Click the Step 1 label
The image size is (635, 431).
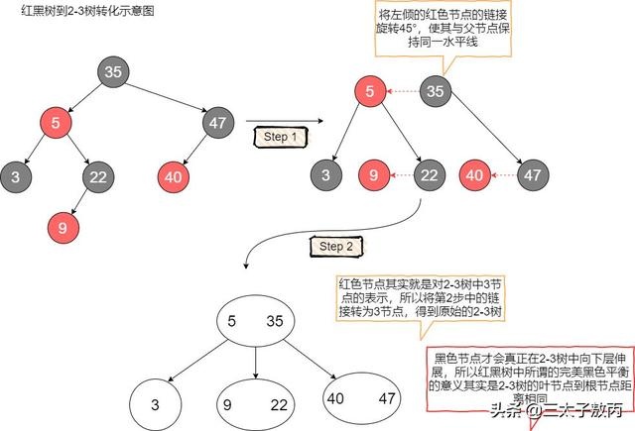click(282, 137)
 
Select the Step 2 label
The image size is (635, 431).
click(331, 245)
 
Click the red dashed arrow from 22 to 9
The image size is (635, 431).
click(400, 177)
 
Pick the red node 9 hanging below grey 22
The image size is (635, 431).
click(62, 227)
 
